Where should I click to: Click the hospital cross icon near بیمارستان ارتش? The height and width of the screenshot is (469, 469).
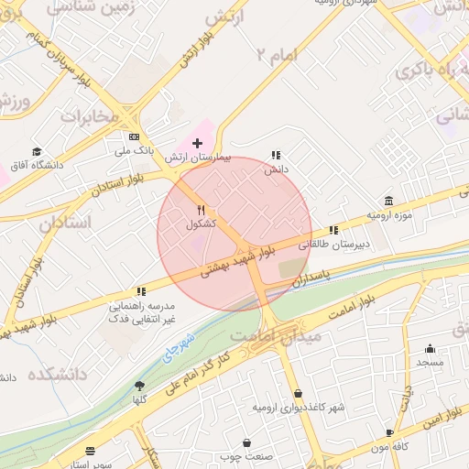197,143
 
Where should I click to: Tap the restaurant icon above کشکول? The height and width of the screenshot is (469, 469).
202,210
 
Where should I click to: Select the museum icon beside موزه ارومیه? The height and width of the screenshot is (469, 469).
389,201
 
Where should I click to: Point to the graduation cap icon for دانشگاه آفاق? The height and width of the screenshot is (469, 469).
37,152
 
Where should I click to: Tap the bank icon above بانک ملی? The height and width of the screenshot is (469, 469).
134,136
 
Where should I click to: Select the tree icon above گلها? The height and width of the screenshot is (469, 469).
139,386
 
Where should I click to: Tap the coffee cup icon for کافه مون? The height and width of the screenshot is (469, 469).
390,433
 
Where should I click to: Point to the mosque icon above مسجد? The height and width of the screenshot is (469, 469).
430,348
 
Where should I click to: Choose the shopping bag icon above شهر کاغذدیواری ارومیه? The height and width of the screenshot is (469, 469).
298,394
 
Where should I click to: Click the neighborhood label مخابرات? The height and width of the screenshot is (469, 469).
92,116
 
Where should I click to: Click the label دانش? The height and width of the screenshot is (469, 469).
277,169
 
